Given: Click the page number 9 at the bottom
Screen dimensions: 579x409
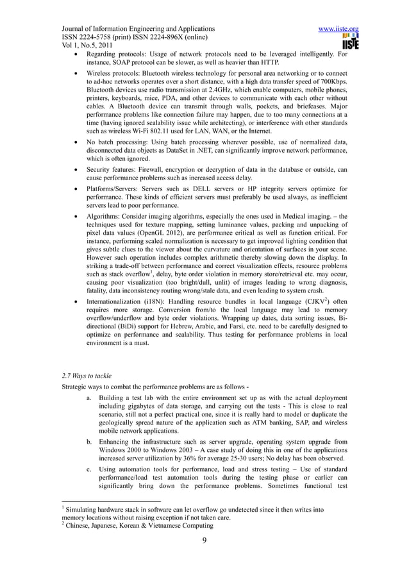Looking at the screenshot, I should tap(204, 548).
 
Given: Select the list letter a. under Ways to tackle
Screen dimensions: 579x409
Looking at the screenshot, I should tap(88, 398).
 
